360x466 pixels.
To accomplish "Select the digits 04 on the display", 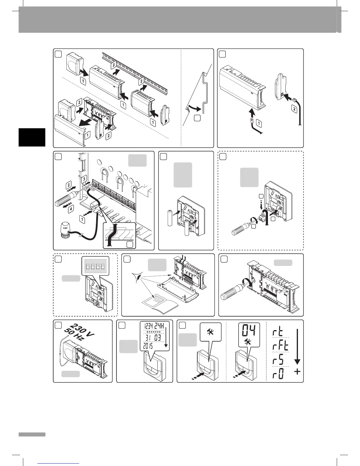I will (246, 331).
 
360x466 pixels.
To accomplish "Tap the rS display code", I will (278, 360).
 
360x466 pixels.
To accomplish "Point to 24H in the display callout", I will (162, 326).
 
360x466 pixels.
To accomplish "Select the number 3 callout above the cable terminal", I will (84, 178).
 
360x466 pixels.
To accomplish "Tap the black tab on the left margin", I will (32, 137).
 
